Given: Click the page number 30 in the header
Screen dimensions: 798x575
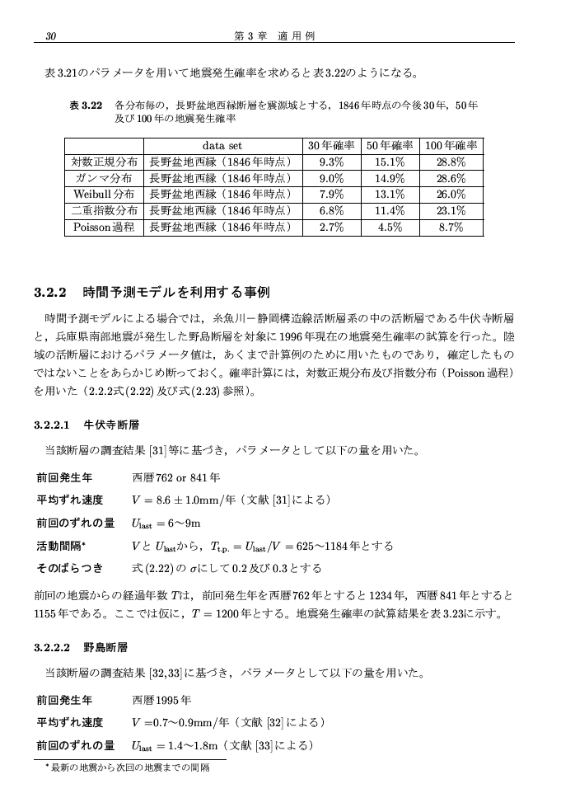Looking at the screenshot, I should (51, 35).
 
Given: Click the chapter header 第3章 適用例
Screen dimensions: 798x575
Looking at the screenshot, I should (275, 35).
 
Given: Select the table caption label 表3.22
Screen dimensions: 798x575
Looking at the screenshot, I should (86, 106).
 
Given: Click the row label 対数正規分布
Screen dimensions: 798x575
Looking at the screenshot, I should (105, 162).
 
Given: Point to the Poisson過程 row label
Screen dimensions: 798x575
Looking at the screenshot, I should (105, 228).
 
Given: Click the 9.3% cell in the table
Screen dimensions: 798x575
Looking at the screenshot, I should (330, 162).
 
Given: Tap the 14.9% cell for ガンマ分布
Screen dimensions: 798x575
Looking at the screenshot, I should (390, 179).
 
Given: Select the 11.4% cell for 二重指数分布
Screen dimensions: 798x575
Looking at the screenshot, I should (390, 211).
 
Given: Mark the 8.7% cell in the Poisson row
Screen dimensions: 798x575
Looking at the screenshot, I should (451, 228).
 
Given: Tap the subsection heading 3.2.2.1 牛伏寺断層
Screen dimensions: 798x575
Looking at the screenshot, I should (86, 425).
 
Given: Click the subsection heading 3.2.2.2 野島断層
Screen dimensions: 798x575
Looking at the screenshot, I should (86, 648).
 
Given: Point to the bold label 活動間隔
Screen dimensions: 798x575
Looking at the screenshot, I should (66, 546).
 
